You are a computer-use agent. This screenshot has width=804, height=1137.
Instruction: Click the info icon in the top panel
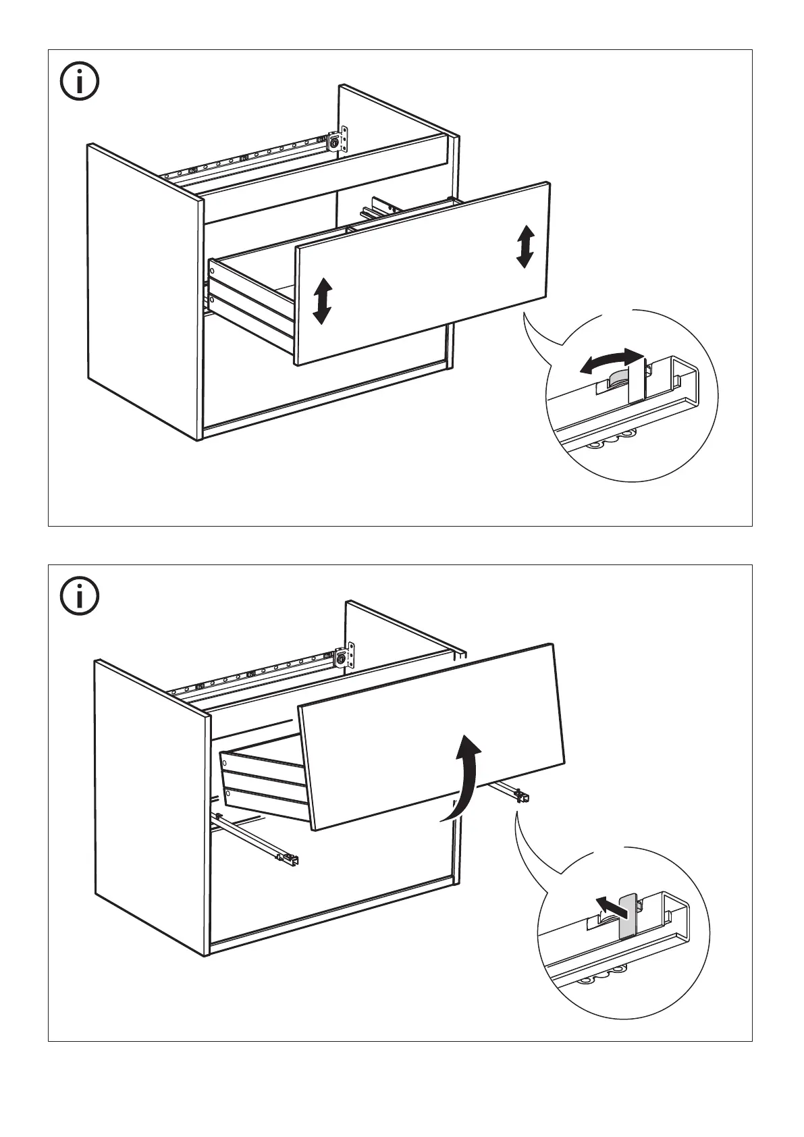click(x=80, y=82)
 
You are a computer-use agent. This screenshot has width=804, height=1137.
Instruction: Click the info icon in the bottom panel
click(x=80, y=596)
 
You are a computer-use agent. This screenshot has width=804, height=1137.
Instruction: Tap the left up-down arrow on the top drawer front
click(x=323, y=300)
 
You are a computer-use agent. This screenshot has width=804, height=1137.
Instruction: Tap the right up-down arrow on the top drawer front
click(x=525, y=246)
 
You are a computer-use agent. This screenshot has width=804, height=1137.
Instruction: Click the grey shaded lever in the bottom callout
click(x=628, y=915)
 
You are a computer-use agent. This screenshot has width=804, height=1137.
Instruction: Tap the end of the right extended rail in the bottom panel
click(x=521, y=796)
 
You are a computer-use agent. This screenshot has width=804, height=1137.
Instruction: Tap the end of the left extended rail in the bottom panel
click(x=290, y=859)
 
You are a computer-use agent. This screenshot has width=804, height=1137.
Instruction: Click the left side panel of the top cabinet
click(x=142, y=290)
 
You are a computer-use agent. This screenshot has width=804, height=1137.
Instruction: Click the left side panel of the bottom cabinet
click(x=149, y=803)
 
